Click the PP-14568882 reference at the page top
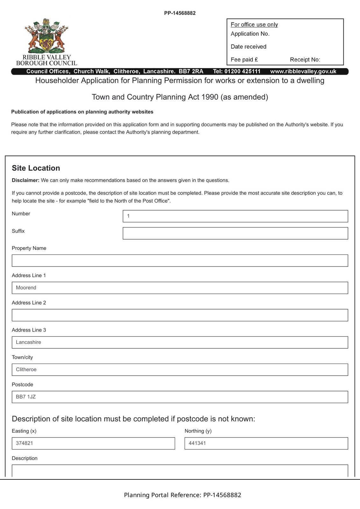point(180,13)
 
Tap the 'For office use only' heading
point(254,25)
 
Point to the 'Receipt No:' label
point(305,60)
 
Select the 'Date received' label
point(248,47)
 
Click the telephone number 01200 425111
point(242,72)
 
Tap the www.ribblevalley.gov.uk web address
point(303,72)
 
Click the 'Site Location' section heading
point(36,168)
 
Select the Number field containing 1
point(235,216)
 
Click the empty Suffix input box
point(235,234)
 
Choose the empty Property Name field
point(180,261)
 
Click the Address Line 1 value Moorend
point(26,288)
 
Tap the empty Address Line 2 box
point(180,315)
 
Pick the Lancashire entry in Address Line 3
point(28,342)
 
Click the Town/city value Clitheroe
point(26,370)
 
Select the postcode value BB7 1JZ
point(26,397)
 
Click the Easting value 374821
point(25,443)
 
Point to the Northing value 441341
point(197,443)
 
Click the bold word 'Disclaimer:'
point(25,180)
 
